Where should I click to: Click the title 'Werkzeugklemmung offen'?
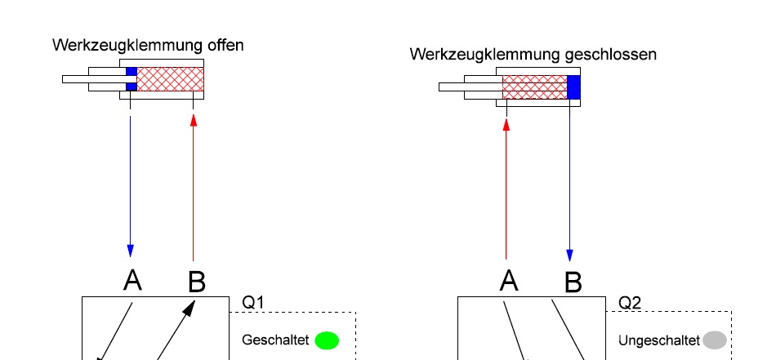(148, 46)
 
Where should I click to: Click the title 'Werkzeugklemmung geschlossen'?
(533, 55)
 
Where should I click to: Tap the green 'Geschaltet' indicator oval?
(327, 340)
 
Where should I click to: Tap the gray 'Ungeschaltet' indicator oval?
(715, 340)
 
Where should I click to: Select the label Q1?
(253, 303)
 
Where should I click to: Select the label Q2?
(630, 303)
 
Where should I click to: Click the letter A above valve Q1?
(132, 281)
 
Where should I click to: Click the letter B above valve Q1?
(196, 282)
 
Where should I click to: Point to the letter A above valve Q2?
(509, 281)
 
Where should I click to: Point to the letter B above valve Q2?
(573, 282)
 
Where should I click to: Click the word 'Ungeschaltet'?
(658, 340)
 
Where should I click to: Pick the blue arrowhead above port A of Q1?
(130, 250)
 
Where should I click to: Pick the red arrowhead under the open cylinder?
(193, 120)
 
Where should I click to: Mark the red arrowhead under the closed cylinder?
(506, 125)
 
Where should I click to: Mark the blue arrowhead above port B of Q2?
(569, 255)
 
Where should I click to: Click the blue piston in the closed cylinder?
(573, 87)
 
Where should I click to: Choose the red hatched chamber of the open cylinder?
(170, 79)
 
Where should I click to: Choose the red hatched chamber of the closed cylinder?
(534, 87)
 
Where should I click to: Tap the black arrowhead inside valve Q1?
(190, 308)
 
